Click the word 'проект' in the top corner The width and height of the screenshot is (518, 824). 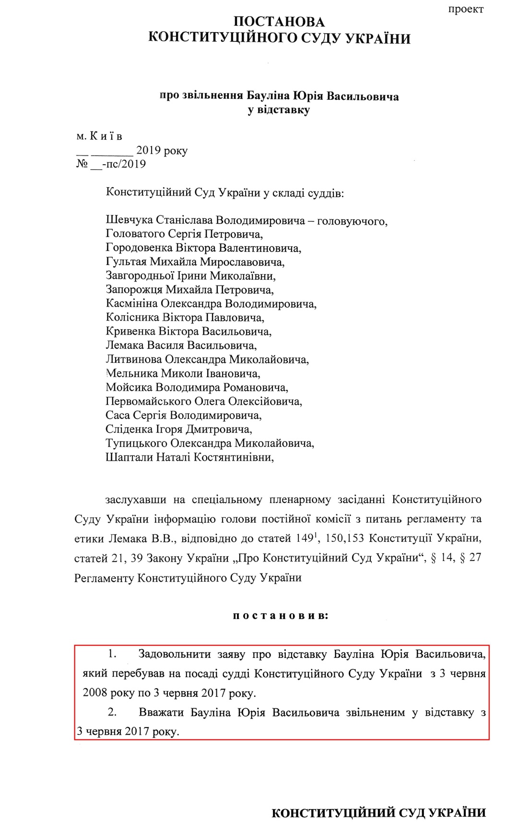466,9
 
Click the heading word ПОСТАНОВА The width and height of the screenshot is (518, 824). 279,22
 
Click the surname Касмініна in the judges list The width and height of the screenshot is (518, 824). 131,304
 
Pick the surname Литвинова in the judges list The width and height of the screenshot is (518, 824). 133,359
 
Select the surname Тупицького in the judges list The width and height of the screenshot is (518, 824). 136,443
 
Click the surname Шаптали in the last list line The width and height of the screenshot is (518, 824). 129,457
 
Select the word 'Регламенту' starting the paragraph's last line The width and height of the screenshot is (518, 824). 104,578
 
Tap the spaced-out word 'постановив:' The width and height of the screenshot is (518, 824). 281,616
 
